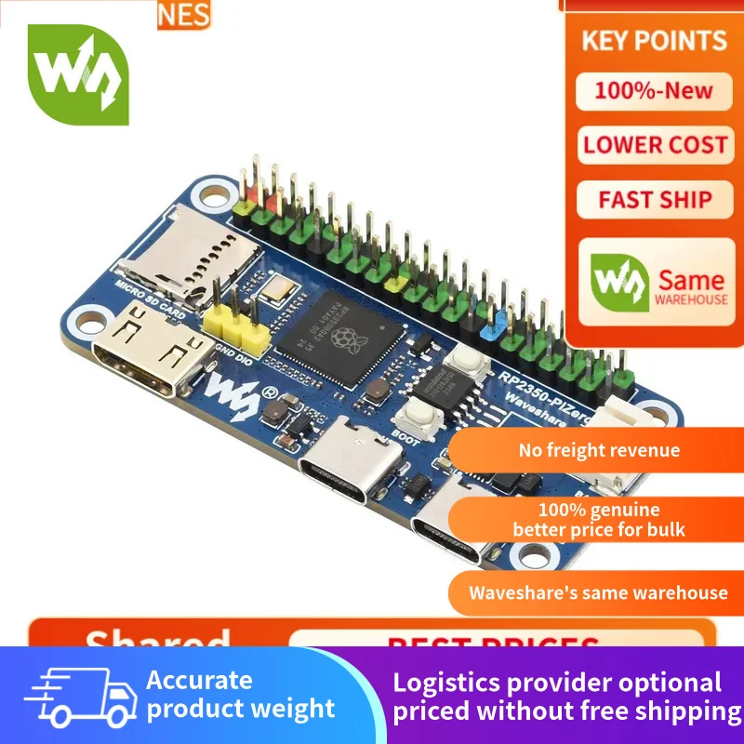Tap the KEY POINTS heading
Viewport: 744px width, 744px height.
[654, 41]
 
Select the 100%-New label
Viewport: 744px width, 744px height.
[654, 91]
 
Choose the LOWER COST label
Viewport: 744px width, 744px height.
[655, 145]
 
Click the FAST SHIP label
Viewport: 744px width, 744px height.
[655, 199]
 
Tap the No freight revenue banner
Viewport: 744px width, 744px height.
[599, 451]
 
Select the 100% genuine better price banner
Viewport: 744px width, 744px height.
[599, 520]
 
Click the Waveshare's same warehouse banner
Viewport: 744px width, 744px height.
[598, 592]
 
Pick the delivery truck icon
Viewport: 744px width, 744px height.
[75, 696]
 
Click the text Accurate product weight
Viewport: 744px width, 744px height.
[240, 694]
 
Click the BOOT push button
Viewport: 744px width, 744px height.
[421, 419]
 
